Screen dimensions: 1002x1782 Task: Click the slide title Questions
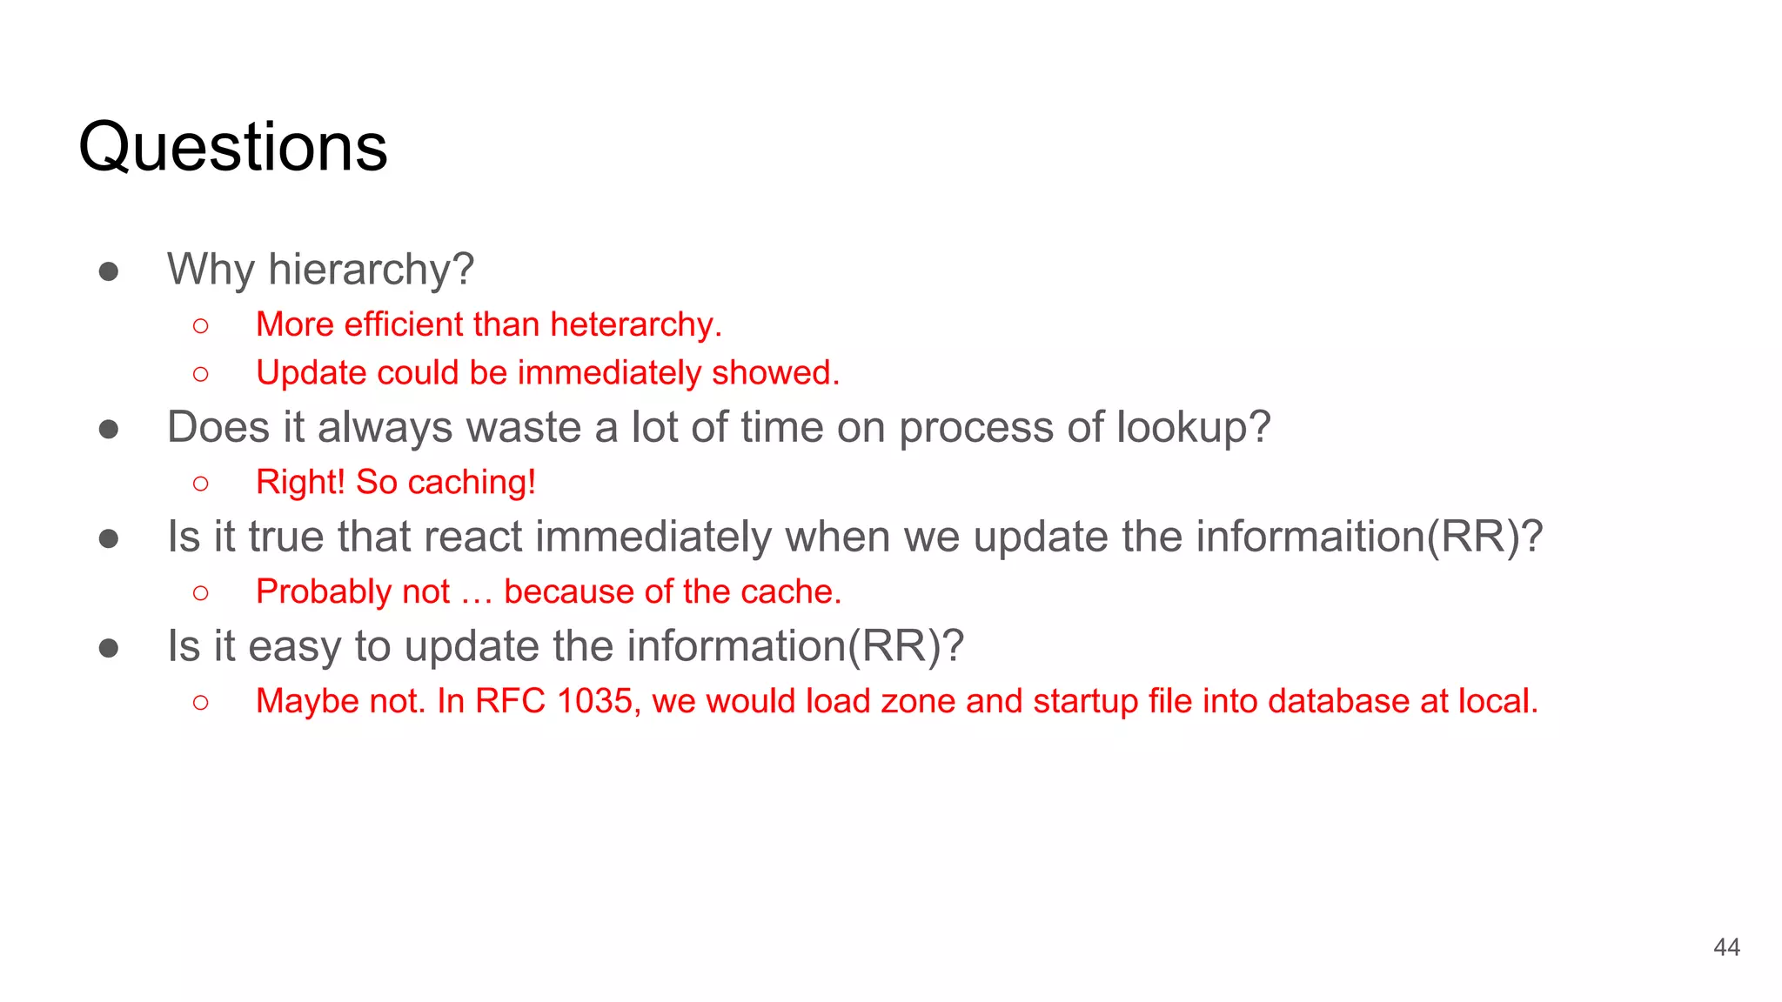[232, 147]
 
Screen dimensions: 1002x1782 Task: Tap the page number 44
[1726, 947]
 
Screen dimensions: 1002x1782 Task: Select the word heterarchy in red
[635, 325]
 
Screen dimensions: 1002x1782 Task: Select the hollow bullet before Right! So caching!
[201, 483]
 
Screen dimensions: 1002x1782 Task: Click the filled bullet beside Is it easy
[109, 648]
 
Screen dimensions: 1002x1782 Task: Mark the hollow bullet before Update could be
[201, 374]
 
